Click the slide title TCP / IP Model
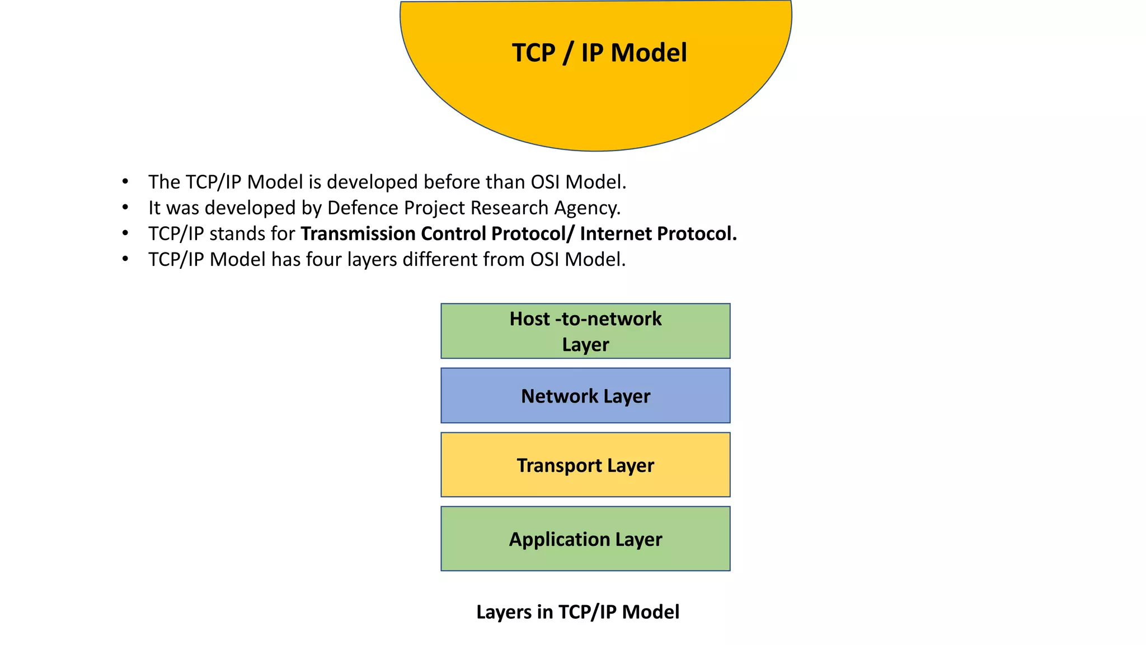(599, 53)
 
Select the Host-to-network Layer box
(585, 331)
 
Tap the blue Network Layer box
(585, 396)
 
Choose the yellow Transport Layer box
(585, 465)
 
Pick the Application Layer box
(585, 539)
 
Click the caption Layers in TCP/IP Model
(577, 612)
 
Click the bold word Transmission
(358, 233)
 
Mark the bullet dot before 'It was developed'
(125, 208)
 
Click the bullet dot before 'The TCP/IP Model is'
(125, 182)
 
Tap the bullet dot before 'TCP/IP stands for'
(125, 233)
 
